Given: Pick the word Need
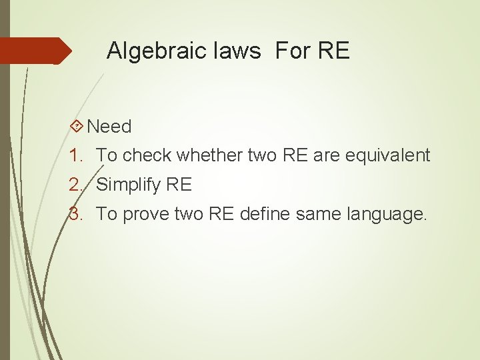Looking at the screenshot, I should coord(109,126).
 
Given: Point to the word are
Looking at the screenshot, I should coord(326,155).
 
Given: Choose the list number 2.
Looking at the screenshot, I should coord(75,185).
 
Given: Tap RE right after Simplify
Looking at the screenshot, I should coord(179,185).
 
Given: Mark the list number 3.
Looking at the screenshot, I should coord(75,214).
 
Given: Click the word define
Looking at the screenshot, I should coord(273,214).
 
